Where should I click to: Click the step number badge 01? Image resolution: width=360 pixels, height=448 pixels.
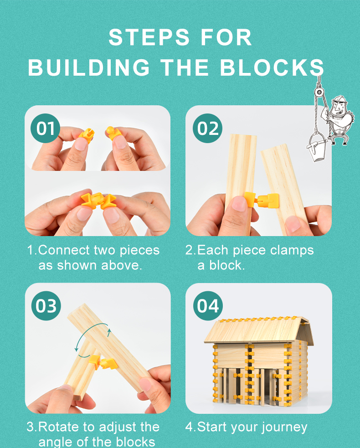pos(46,128)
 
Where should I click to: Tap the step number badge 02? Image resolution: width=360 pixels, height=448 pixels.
pos(208,128)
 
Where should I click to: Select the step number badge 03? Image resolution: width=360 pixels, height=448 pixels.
pos(46,306)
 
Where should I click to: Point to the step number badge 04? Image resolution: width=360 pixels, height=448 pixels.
pos(208,306)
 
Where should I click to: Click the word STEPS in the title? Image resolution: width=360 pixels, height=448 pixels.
pos(149,37)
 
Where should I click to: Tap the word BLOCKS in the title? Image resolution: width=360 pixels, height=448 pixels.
pos(272,67)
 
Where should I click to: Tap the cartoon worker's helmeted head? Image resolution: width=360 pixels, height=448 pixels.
pos(339,104)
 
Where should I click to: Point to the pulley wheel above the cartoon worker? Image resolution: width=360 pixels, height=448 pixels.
pos(319,93)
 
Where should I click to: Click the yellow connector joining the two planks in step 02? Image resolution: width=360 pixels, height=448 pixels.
pos(262,200)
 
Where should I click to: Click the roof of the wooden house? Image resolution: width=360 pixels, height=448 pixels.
pos(258,330)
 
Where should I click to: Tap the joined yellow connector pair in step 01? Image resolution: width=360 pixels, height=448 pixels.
pos(98,201)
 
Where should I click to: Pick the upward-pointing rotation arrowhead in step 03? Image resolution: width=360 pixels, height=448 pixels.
pos(109,331)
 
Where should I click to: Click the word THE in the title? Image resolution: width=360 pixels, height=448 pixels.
pos(184,67)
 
